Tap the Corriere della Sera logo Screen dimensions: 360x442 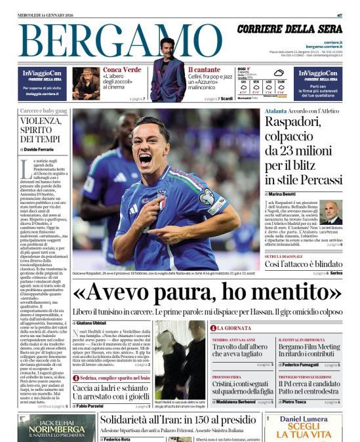(289, 29)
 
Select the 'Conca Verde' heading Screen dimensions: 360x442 (122, 70)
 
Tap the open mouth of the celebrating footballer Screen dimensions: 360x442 (145, 158)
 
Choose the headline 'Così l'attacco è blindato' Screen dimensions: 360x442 (304, 264)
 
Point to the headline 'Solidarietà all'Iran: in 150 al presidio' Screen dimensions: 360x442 (178, 420)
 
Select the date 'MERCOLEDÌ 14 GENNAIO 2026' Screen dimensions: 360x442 (46, 14)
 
